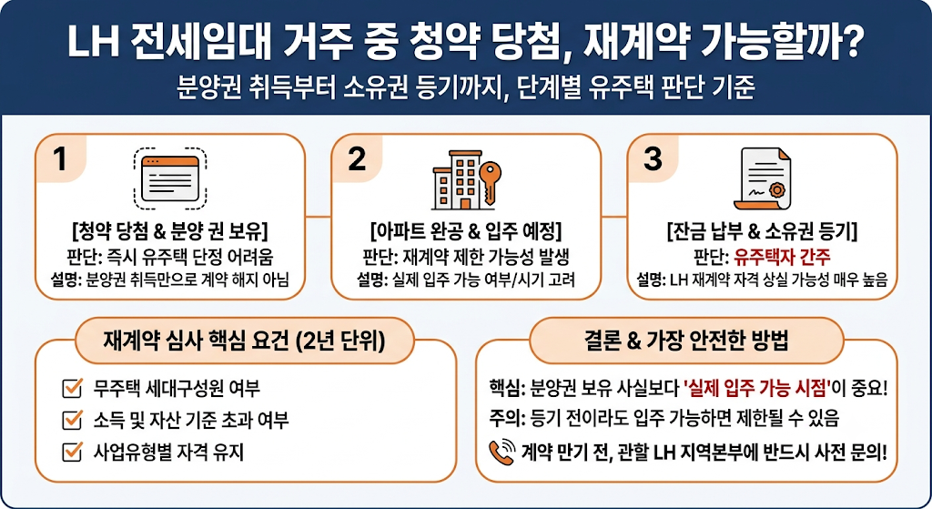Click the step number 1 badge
[x=60, y=158]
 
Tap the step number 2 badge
[x=357, y=158]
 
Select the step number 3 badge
[x=653, y=158]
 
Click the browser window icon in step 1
[x=170, y=178]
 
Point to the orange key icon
[x=489, y=182]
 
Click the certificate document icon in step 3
[x=763, y=178]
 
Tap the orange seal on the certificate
[x=777, y=190]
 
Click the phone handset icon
[x=501, y=452]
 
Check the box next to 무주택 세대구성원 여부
[x=72, y=388]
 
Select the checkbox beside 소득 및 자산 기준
[x=72, y=420]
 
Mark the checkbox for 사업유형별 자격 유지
[x=72, y=452]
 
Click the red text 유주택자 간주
[x=782, y=257]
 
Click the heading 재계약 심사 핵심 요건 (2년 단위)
[x=244, y=341]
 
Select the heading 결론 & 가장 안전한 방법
[x=686, y=341]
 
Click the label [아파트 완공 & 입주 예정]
[x=466, y=230]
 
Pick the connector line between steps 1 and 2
[x=318, y=217]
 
